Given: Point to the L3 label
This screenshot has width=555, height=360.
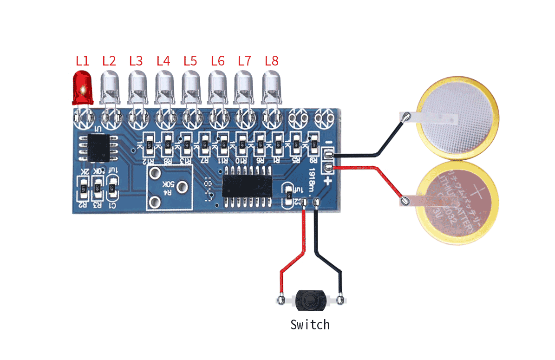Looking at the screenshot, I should (136, 60).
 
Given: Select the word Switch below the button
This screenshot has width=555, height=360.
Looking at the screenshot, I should (310, 324).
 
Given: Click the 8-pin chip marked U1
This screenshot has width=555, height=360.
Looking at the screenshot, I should (99, 147).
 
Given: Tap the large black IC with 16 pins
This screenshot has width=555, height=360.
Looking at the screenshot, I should (246, 185).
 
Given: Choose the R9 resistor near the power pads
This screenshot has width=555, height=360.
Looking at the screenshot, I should (313, 144).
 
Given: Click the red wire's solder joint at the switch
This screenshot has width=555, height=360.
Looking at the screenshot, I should (281, 301).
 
